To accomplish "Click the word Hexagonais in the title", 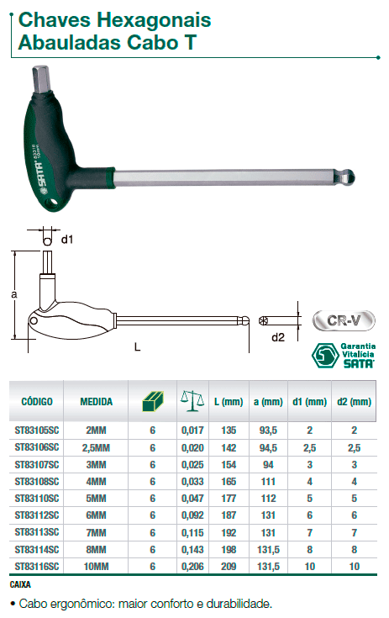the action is tap(154, 20).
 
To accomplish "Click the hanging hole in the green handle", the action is tap(51, 203).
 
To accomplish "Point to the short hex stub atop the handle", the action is tap(40, 79).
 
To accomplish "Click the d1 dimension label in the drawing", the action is tap(67, 240).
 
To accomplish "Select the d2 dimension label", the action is tap(277, 337).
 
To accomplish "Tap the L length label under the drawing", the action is tap(137, 347).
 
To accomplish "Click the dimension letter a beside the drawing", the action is tap(14, 294).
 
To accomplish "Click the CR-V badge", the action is tap(344, 320).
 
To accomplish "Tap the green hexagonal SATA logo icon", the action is tap(325, 356).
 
